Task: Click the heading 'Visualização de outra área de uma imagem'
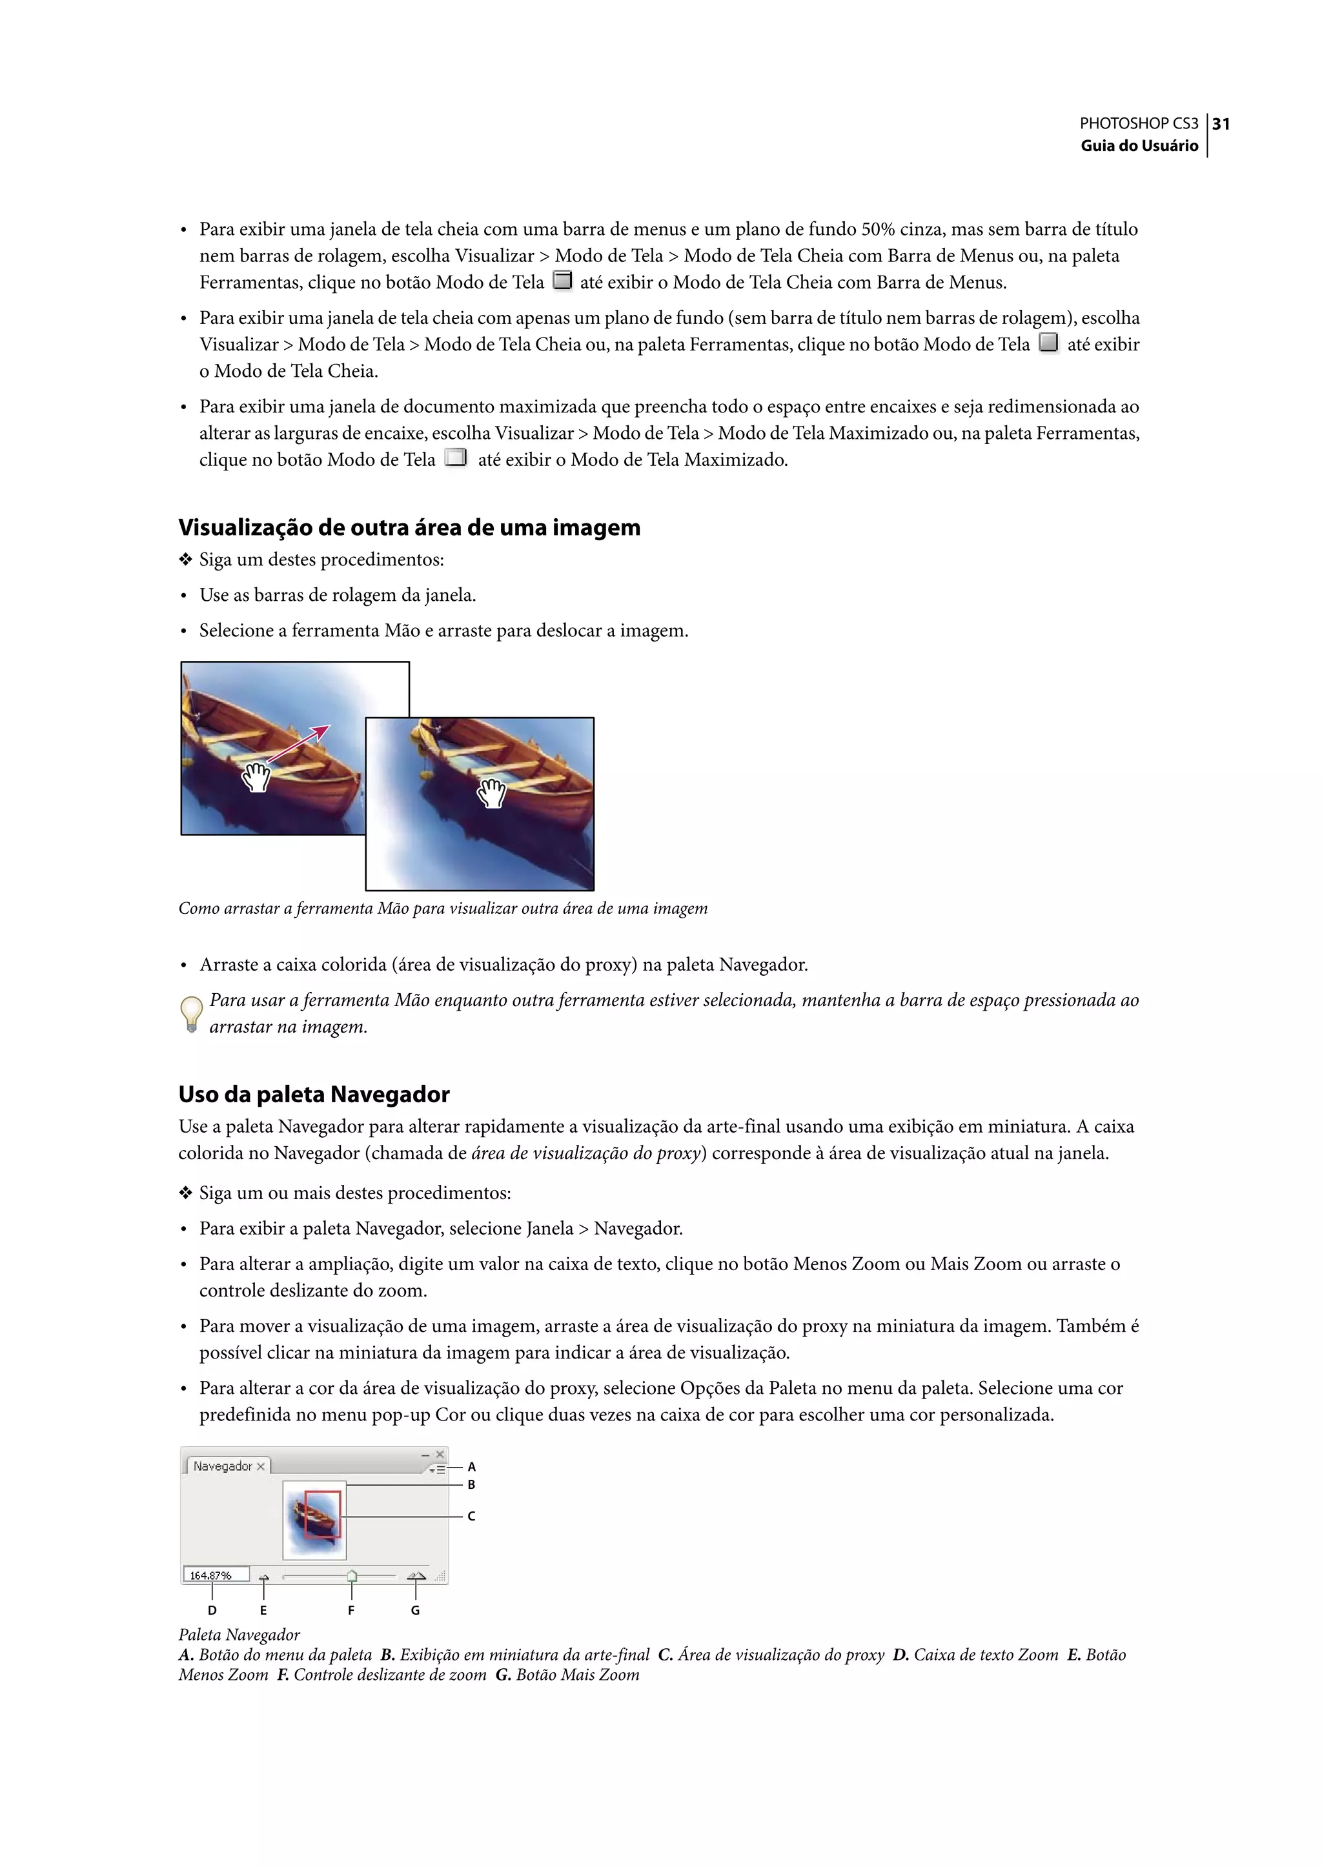coord(409,527)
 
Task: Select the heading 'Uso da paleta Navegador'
coord(314,1094)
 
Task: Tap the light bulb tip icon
coord(190,1013)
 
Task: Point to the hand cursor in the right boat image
coord(492,792)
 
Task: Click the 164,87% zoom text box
coord(215,1575)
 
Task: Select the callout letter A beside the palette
coord(471,1467)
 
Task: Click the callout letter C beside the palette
coord(471,1516)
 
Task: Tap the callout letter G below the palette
coord(415,1610)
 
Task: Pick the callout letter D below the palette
coord(212,1610)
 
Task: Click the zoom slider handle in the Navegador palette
coord(352,1576)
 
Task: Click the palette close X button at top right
coord(440,1453)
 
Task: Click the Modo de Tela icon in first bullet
coord(562,281)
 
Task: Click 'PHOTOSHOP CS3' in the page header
coord(1138,124)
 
